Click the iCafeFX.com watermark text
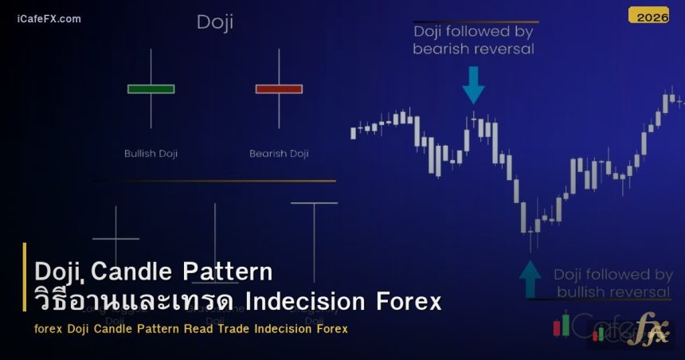tap(49, 18)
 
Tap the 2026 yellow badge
tap(648, 15)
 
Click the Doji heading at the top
tap(215, 22)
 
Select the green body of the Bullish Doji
tap(151, 88)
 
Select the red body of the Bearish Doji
tap(279, 88)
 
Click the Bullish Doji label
tap(151, 153)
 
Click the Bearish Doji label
tap(279, 153)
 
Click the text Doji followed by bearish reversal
tap(473, 40)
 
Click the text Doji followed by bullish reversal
tap(613, 283)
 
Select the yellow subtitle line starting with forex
tap(190, 329)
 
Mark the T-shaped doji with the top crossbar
tap(314, 239)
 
